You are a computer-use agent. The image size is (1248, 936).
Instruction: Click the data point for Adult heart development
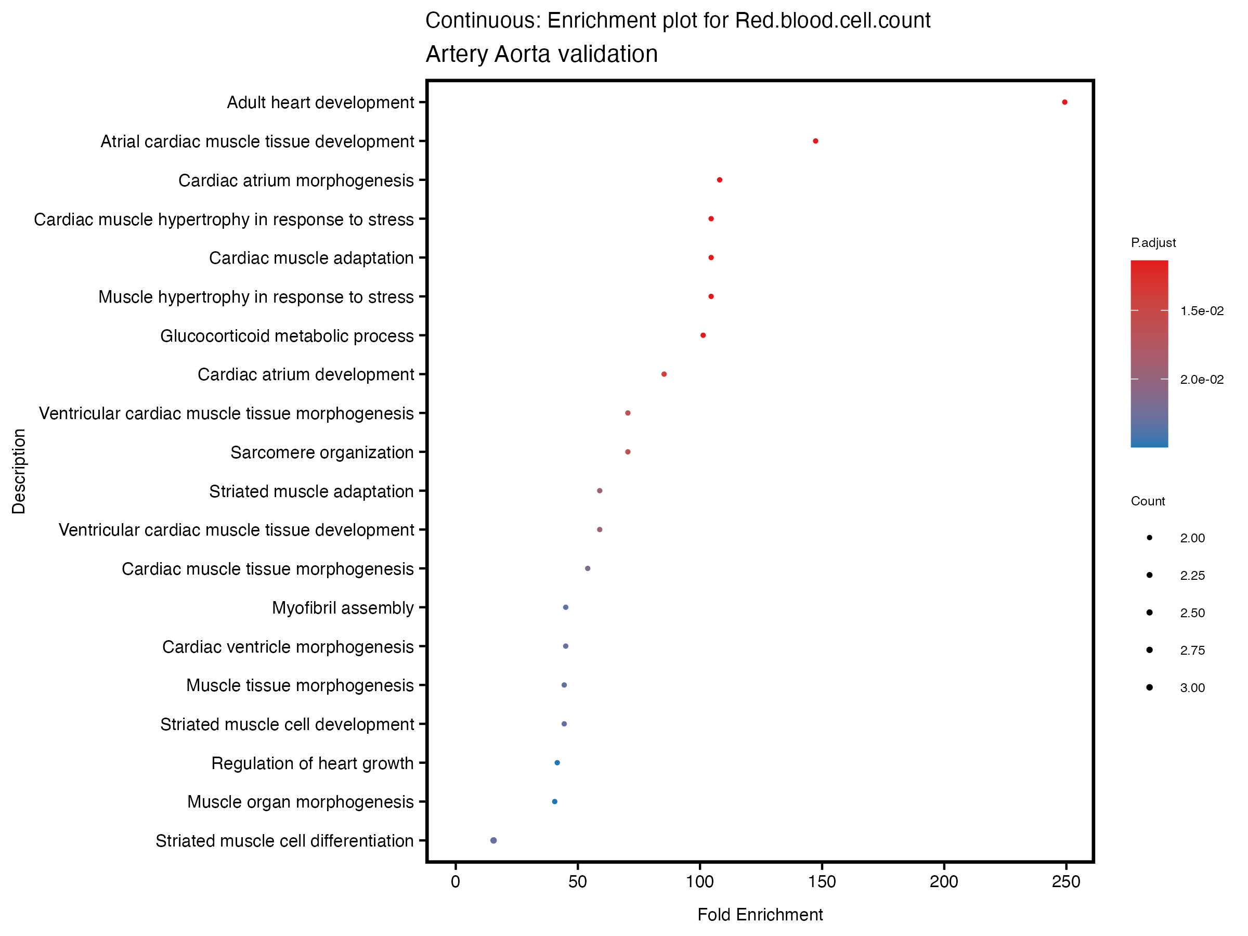click(1064, 102)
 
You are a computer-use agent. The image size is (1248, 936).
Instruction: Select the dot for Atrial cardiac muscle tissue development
click(815, 141)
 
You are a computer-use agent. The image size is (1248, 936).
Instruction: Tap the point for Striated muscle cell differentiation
click(493, 840)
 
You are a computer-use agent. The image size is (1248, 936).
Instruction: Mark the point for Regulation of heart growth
click(557, 763)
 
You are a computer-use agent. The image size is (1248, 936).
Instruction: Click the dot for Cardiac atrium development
click(664, 374)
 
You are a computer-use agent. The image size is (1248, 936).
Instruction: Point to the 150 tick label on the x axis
click(822, 882)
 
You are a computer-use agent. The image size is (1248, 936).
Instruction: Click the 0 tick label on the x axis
click(456, 882)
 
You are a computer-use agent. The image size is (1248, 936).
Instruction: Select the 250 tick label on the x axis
click(1066, 882)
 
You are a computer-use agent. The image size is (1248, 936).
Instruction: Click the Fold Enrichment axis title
click(760, 915)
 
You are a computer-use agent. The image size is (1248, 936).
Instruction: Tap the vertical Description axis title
click(19, 471)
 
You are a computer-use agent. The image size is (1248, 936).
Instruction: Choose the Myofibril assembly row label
click(343, 608)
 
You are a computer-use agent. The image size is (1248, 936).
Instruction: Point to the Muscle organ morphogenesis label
click(300, 802)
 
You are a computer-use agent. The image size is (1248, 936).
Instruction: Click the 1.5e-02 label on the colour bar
click(1202, 311)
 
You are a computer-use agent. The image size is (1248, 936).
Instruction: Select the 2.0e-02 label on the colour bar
click(1202, 380)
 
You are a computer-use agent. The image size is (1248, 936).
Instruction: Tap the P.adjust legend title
click(1153, 243)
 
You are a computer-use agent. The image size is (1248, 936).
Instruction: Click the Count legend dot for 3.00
click(1149, 687)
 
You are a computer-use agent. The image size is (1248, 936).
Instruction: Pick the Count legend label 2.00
click(1192, 538)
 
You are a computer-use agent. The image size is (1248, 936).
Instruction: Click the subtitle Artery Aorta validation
click(542, 54)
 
